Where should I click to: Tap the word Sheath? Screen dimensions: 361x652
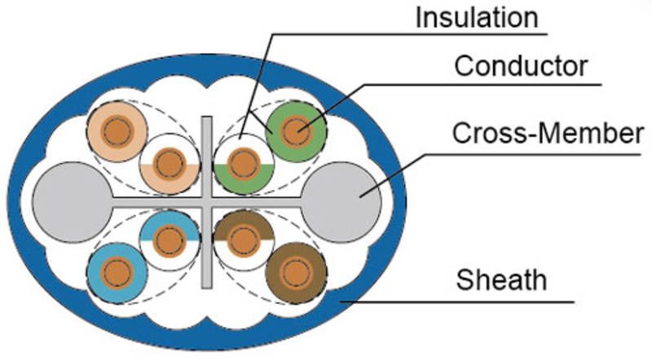(x=501, y=281)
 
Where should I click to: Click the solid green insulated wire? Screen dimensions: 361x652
(x=297, y=130)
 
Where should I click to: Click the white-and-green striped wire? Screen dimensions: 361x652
(x=242, y=164)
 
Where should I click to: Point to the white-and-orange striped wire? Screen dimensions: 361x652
(x=170, y=162)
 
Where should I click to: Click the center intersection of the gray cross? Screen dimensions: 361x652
(x=207, y=201)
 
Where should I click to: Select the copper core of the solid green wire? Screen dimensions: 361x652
(x=297, y=130)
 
